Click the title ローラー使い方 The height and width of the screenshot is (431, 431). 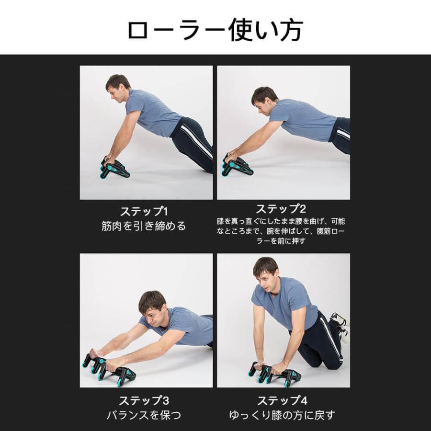(215, 30)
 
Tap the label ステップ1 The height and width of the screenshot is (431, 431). (144, 211)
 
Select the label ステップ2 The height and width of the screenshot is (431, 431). (281, 209)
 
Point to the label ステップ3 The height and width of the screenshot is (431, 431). (144, 400)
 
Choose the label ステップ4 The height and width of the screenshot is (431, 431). (281, 400)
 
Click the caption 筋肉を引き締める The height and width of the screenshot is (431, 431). (144, 226)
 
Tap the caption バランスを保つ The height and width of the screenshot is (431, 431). (144, 415)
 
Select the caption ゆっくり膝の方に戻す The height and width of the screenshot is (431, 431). (281, 415)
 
